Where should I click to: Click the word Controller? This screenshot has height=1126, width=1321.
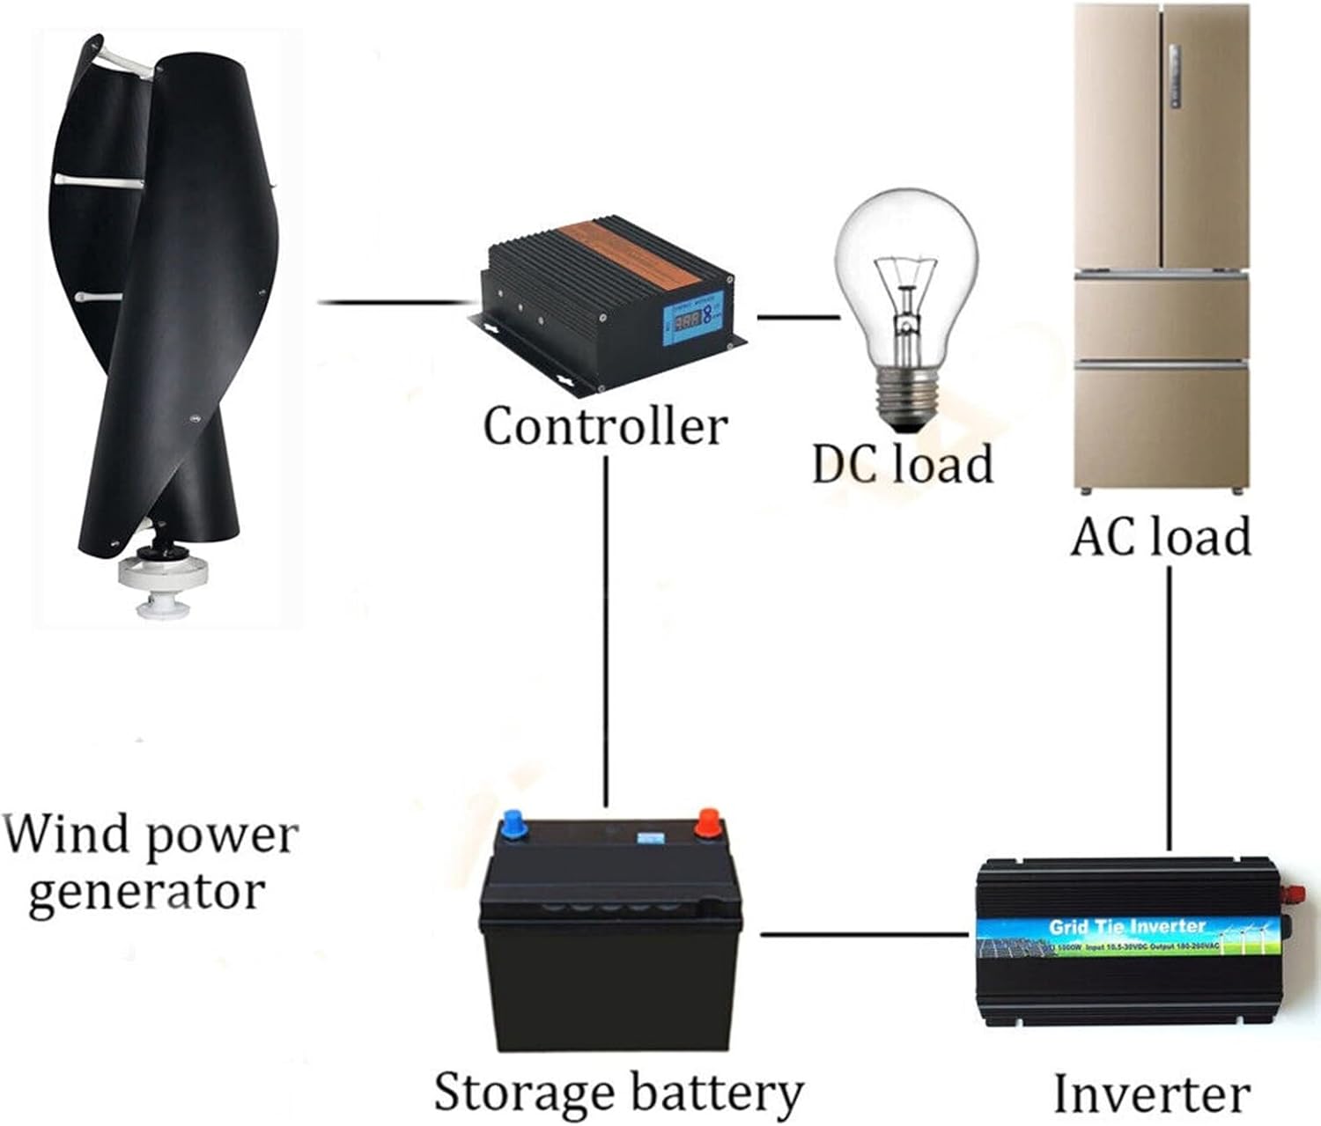click(x=605, y=426)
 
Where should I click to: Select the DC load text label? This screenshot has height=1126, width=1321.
click(x=902, y=463)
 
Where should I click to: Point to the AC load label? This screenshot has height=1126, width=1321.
click(x=1160, y=536)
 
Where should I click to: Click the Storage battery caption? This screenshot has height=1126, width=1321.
click(x=618, y=1093)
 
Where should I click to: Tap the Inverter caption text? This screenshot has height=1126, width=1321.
click(x=1151, y=1094)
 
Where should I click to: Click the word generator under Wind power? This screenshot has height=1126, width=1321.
click(x=146, y=892)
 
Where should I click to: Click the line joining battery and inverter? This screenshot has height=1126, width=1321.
click(x=863, y=933)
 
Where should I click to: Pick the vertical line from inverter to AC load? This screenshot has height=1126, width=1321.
click(x=1169, y=704)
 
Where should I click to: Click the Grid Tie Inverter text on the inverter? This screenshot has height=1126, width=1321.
click(x=1126, y=926)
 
